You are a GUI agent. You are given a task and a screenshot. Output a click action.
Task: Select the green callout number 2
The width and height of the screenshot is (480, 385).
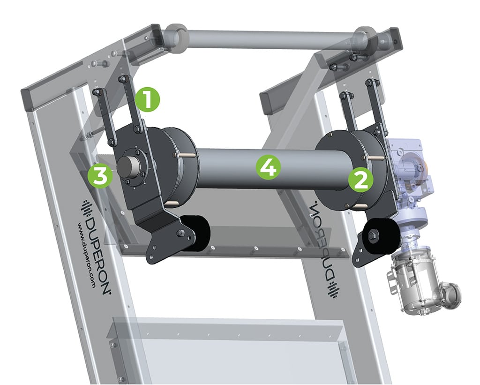tap(360, 179)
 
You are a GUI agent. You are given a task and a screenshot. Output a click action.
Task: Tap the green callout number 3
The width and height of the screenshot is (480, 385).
tap(102, 175)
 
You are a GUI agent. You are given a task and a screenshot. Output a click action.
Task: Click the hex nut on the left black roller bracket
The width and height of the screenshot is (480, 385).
tap(180, 233)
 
